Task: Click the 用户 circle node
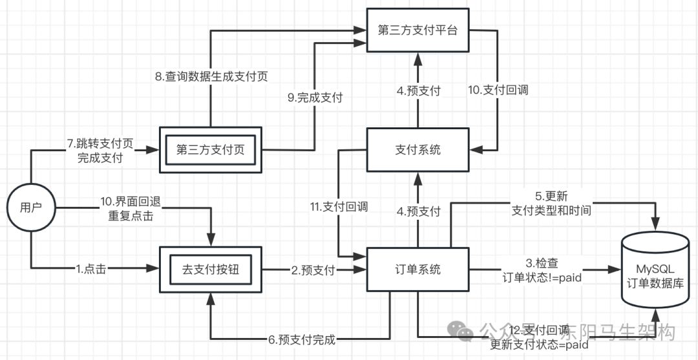click(x=30, y=207)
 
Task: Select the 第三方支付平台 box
click(x=418, y=30)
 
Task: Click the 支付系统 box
click(x=418, y=150)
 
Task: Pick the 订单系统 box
click(x=418, y=270)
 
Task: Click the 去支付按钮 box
click(x=211, y=269)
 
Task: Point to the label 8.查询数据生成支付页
click(x=211, y=76)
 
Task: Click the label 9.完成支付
click(x=315, y=98)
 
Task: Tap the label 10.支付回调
click(x=498, y=90)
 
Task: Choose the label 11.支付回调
click(x=339, y=207)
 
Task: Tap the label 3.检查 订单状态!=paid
click(x=537, y=270)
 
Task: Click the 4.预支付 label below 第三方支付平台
click(x=418, y=90)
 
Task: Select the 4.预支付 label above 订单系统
click(x=418, y=211)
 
